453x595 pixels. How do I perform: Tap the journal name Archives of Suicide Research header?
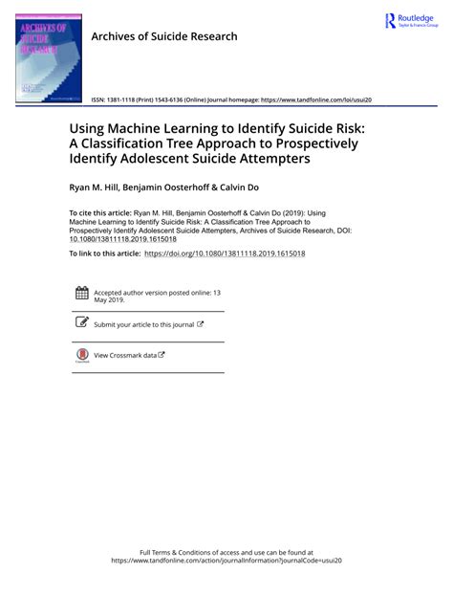163,36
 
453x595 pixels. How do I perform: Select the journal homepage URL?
315,99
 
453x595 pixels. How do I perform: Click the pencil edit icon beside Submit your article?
81,323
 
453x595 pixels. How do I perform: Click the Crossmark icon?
81,355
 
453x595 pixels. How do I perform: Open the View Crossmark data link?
129,355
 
